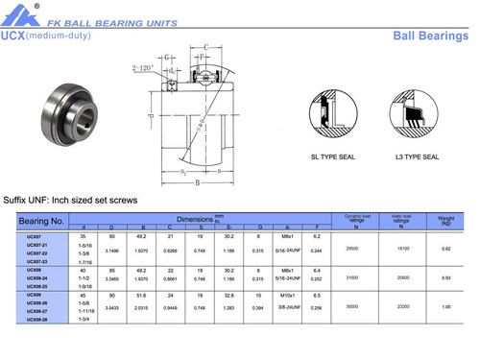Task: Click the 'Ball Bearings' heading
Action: (430, 36)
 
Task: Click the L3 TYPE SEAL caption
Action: (417, 156)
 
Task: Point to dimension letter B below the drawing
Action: (196, 180)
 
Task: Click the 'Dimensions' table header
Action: (197, 219)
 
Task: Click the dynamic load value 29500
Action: (351, 248)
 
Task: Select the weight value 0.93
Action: (445, 277)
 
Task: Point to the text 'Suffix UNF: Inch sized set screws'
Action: (70, 200)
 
